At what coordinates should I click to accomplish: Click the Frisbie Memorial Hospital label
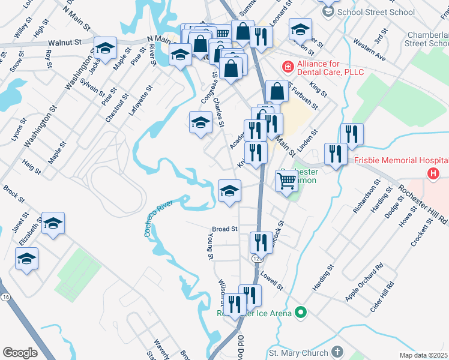(x=401, y=161)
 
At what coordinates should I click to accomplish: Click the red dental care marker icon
(x=288, y=66)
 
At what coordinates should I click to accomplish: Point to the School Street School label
(x=376, y=12)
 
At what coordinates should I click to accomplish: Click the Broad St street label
(x=225, y=229)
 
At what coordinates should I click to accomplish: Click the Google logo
(x=20, y=353)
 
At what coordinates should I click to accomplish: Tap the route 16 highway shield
(x=6, y=298)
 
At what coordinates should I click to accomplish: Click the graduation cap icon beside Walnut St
(x=106, y=48)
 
